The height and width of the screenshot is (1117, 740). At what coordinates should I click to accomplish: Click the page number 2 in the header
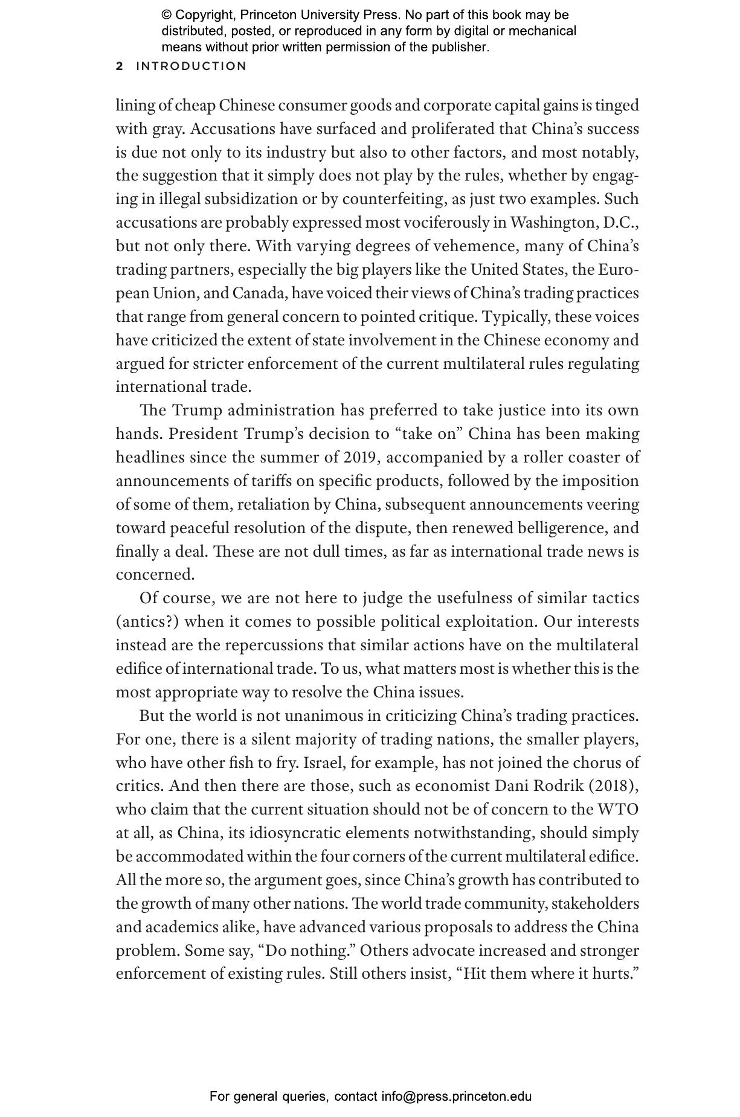tap(120, 66)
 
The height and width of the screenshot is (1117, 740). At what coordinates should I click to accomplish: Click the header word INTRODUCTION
tap(191, 66)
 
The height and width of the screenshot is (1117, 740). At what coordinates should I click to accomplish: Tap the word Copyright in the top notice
tap(204, 15)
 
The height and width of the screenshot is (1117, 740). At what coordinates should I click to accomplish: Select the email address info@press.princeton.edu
tap(456, 1096)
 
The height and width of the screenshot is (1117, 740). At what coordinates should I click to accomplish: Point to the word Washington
tap(555, 223)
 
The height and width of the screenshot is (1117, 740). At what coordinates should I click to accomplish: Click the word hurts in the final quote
tap(615, 974)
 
